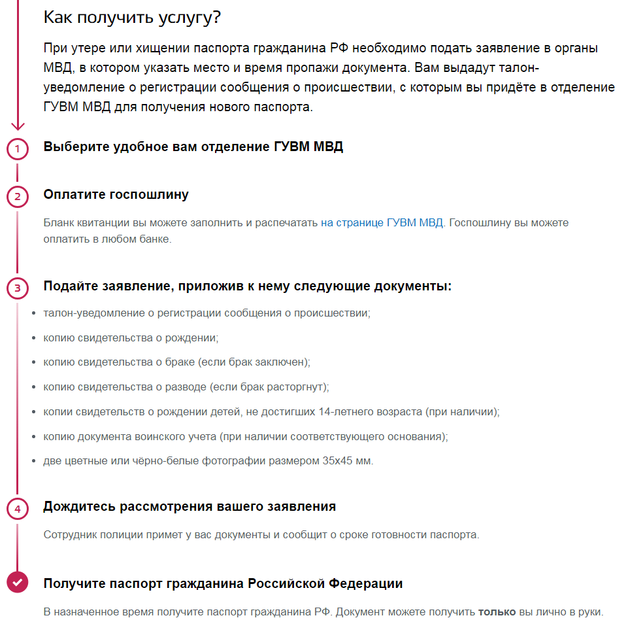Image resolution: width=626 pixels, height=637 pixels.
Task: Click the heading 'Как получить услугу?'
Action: [132, 18]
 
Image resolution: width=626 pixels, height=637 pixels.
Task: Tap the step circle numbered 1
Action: [18, 149]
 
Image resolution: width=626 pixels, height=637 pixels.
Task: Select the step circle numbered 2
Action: [18, 197]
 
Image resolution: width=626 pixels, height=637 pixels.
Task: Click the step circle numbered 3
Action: [18, 288]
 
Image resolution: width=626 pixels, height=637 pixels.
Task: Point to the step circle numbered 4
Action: [18, 509]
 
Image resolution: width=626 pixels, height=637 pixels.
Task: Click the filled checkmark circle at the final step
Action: [18, 581]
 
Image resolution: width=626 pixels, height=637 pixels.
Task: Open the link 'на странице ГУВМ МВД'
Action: [382, 223]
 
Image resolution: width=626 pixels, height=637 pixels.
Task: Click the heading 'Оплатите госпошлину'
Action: [116, 194]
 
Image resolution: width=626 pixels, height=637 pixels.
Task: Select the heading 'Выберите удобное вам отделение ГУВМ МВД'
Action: [193, 146]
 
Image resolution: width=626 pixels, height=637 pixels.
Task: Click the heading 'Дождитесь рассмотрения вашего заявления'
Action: [189, 507]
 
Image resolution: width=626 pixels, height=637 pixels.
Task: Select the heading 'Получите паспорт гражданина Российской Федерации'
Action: [223, 583]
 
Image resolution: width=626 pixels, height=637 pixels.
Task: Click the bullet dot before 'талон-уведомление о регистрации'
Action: [34, 313]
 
